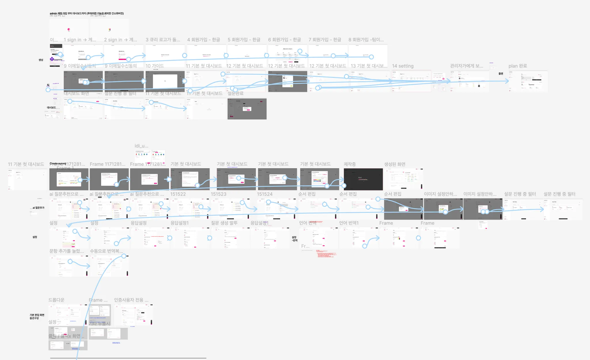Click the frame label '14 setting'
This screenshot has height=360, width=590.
click(x=402, y=66)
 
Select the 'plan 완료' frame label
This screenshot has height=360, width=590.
click(x=518, y=66)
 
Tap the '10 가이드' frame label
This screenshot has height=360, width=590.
click(x=154, y=66)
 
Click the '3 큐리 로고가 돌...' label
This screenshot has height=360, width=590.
click(x=163, y=40)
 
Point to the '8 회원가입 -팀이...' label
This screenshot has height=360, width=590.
click(x=366, y=40)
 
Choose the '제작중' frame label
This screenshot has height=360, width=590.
click(x=350, y=164)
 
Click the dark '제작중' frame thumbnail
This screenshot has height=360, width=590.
click(x=363, y=179)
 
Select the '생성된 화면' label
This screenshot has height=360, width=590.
click(x=395, y=164)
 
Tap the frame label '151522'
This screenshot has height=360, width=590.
click(x=178, y=194)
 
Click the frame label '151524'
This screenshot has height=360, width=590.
click(x=265, y=194)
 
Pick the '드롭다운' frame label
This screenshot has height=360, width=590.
click(x=56, y=300)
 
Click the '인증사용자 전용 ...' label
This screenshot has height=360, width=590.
click(x=131, y=300)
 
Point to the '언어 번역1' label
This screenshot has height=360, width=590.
click(x=349, y=223)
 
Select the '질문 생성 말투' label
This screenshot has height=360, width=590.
click(x=224, y=223)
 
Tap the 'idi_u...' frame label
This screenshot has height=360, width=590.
click(x=141, y=146)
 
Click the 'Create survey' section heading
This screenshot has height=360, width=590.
click(x=58, y=163)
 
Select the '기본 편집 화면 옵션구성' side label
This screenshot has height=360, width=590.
click(x=37, y=317)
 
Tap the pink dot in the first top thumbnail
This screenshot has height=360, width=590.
click(x=69, y=29)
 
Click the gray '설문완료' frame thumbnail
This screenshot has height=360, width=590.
click(x=247, y=109)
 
